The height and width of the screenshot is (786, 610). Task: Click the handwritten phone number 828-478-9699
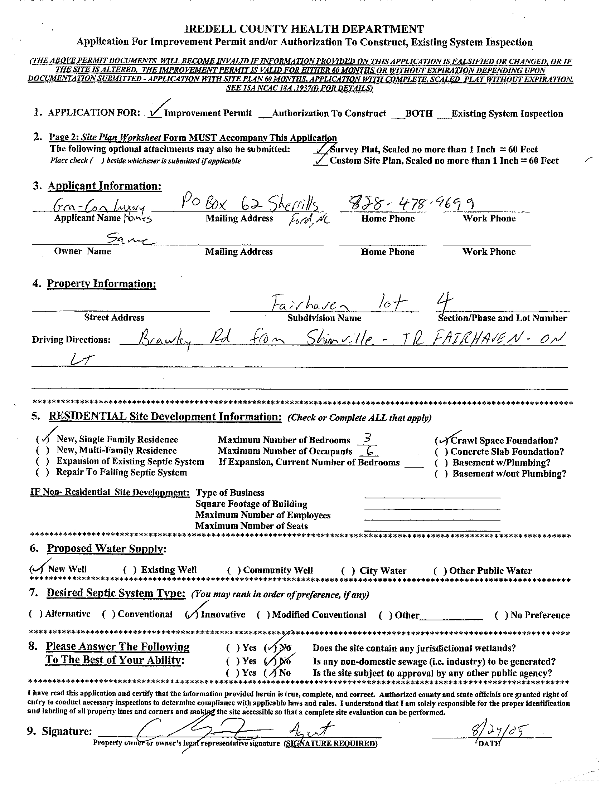(407, 204)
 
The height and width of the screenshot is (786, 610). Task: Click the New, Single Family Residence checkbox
(43, 439)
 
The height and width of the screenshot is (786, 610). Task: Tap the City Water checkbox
(348, 571)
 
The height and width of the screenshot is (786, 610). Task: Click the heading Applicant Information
(105, 186)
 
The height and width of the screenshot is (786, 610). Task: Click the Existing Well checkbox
(130, 570)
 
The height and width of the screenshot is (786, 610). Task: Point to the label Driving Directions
(71, 340)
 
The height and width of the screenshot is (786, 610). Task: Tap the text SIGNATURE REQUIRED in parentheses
(330, 743)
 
